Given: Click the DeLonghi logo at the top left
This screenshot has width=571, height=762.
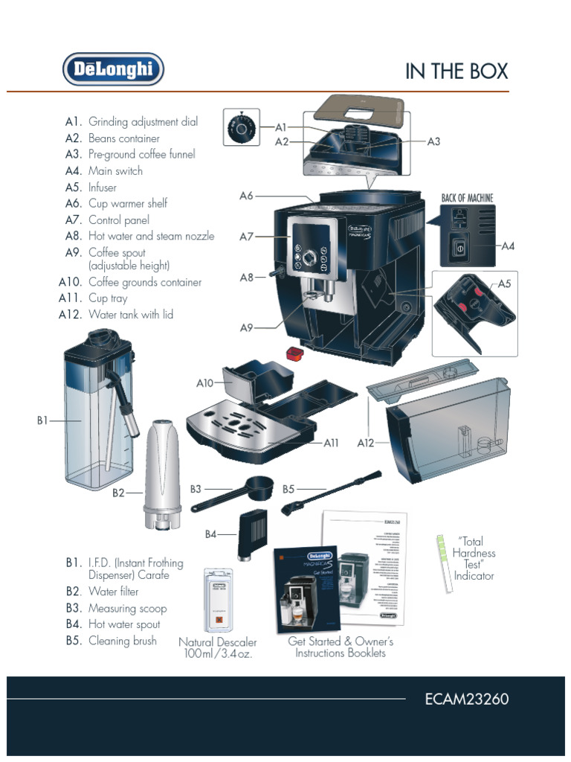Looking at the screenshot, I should coord(112,69).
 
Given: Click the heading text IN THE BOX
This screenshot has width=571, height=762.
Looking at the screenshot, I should coord(456,71).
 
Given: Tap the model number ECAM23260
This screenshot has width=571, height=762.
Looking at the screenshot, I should coord(466,699).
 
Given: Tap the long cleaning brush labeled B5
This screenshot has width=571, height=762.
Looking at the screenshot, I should coord(331,492).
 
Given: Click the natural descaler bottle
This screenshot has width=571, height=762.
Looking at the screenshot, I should coord(218,601).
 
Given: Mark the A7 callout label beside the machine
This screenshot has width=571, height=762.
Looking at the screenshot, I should coord(247,237).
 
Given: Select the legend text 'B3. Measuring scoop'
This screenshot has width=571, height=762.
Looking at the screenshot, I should coord(116,608).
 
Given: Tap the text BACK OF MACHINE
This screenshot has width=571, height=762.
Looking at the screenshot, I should coord(467,198).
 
